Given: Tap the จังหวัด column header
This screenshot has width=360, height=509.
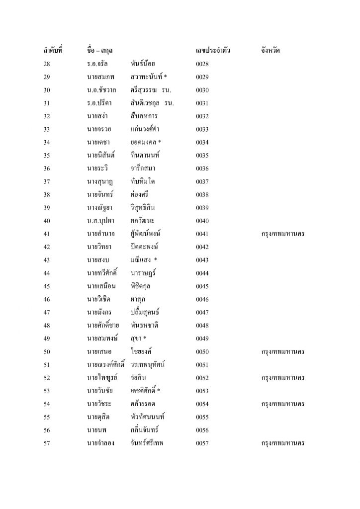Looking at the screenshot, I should coord(272,51).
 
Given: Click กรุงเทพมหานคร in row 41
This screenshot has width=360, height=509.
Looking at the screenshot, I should coord(282,233).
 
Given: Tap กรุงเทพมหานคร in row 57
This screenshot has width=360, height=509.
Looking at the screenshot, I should coord(282,443).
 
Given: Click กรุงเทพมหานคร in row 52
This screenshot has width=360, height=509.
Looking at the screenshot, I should coord(282,378).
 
